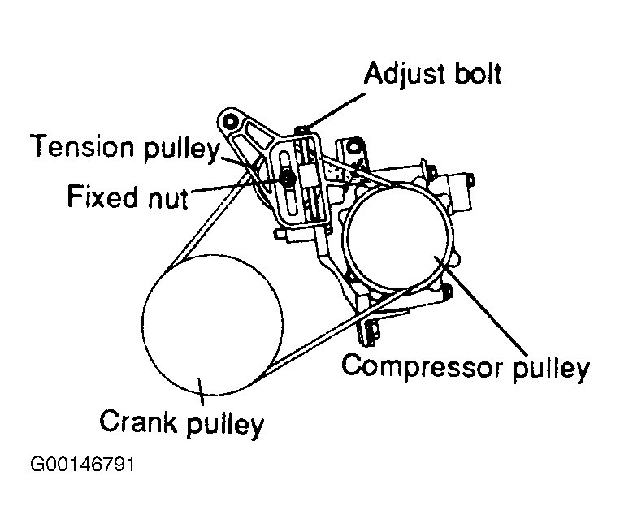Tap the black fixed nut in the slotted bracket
point(287,176)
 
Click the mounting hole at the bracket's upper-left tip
point(231,122)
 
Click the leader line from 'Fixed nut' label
point(236,188)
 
